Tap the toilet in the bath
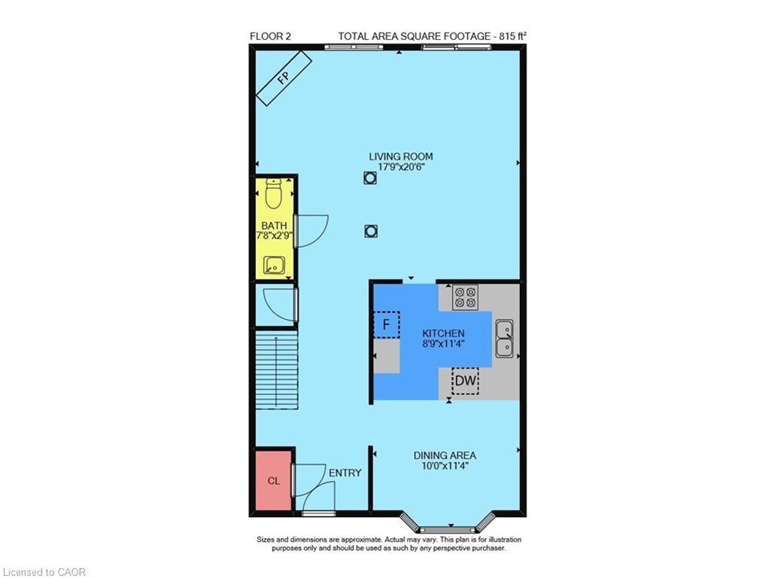(274, 195)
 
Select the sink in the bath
(273, 265)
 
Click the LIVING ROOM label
(400, 157)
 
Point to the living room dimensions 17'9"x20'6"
(400, 168)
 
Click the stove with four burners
(466, 297)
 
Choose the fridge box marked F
(387, 325)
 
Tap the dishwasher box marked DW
(466, 382)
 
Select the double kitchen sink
(504, 338)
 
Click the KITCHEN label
(443, 333)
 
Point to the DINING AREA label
(445, 455)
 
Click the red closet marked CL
(274, 481)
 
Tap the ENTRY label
(345, 473)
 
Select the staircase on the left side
(276, 371)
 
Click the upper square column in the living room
(369, 178)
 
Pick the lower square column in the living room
(370, 232)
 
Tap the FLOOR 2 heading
(270, 35)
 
